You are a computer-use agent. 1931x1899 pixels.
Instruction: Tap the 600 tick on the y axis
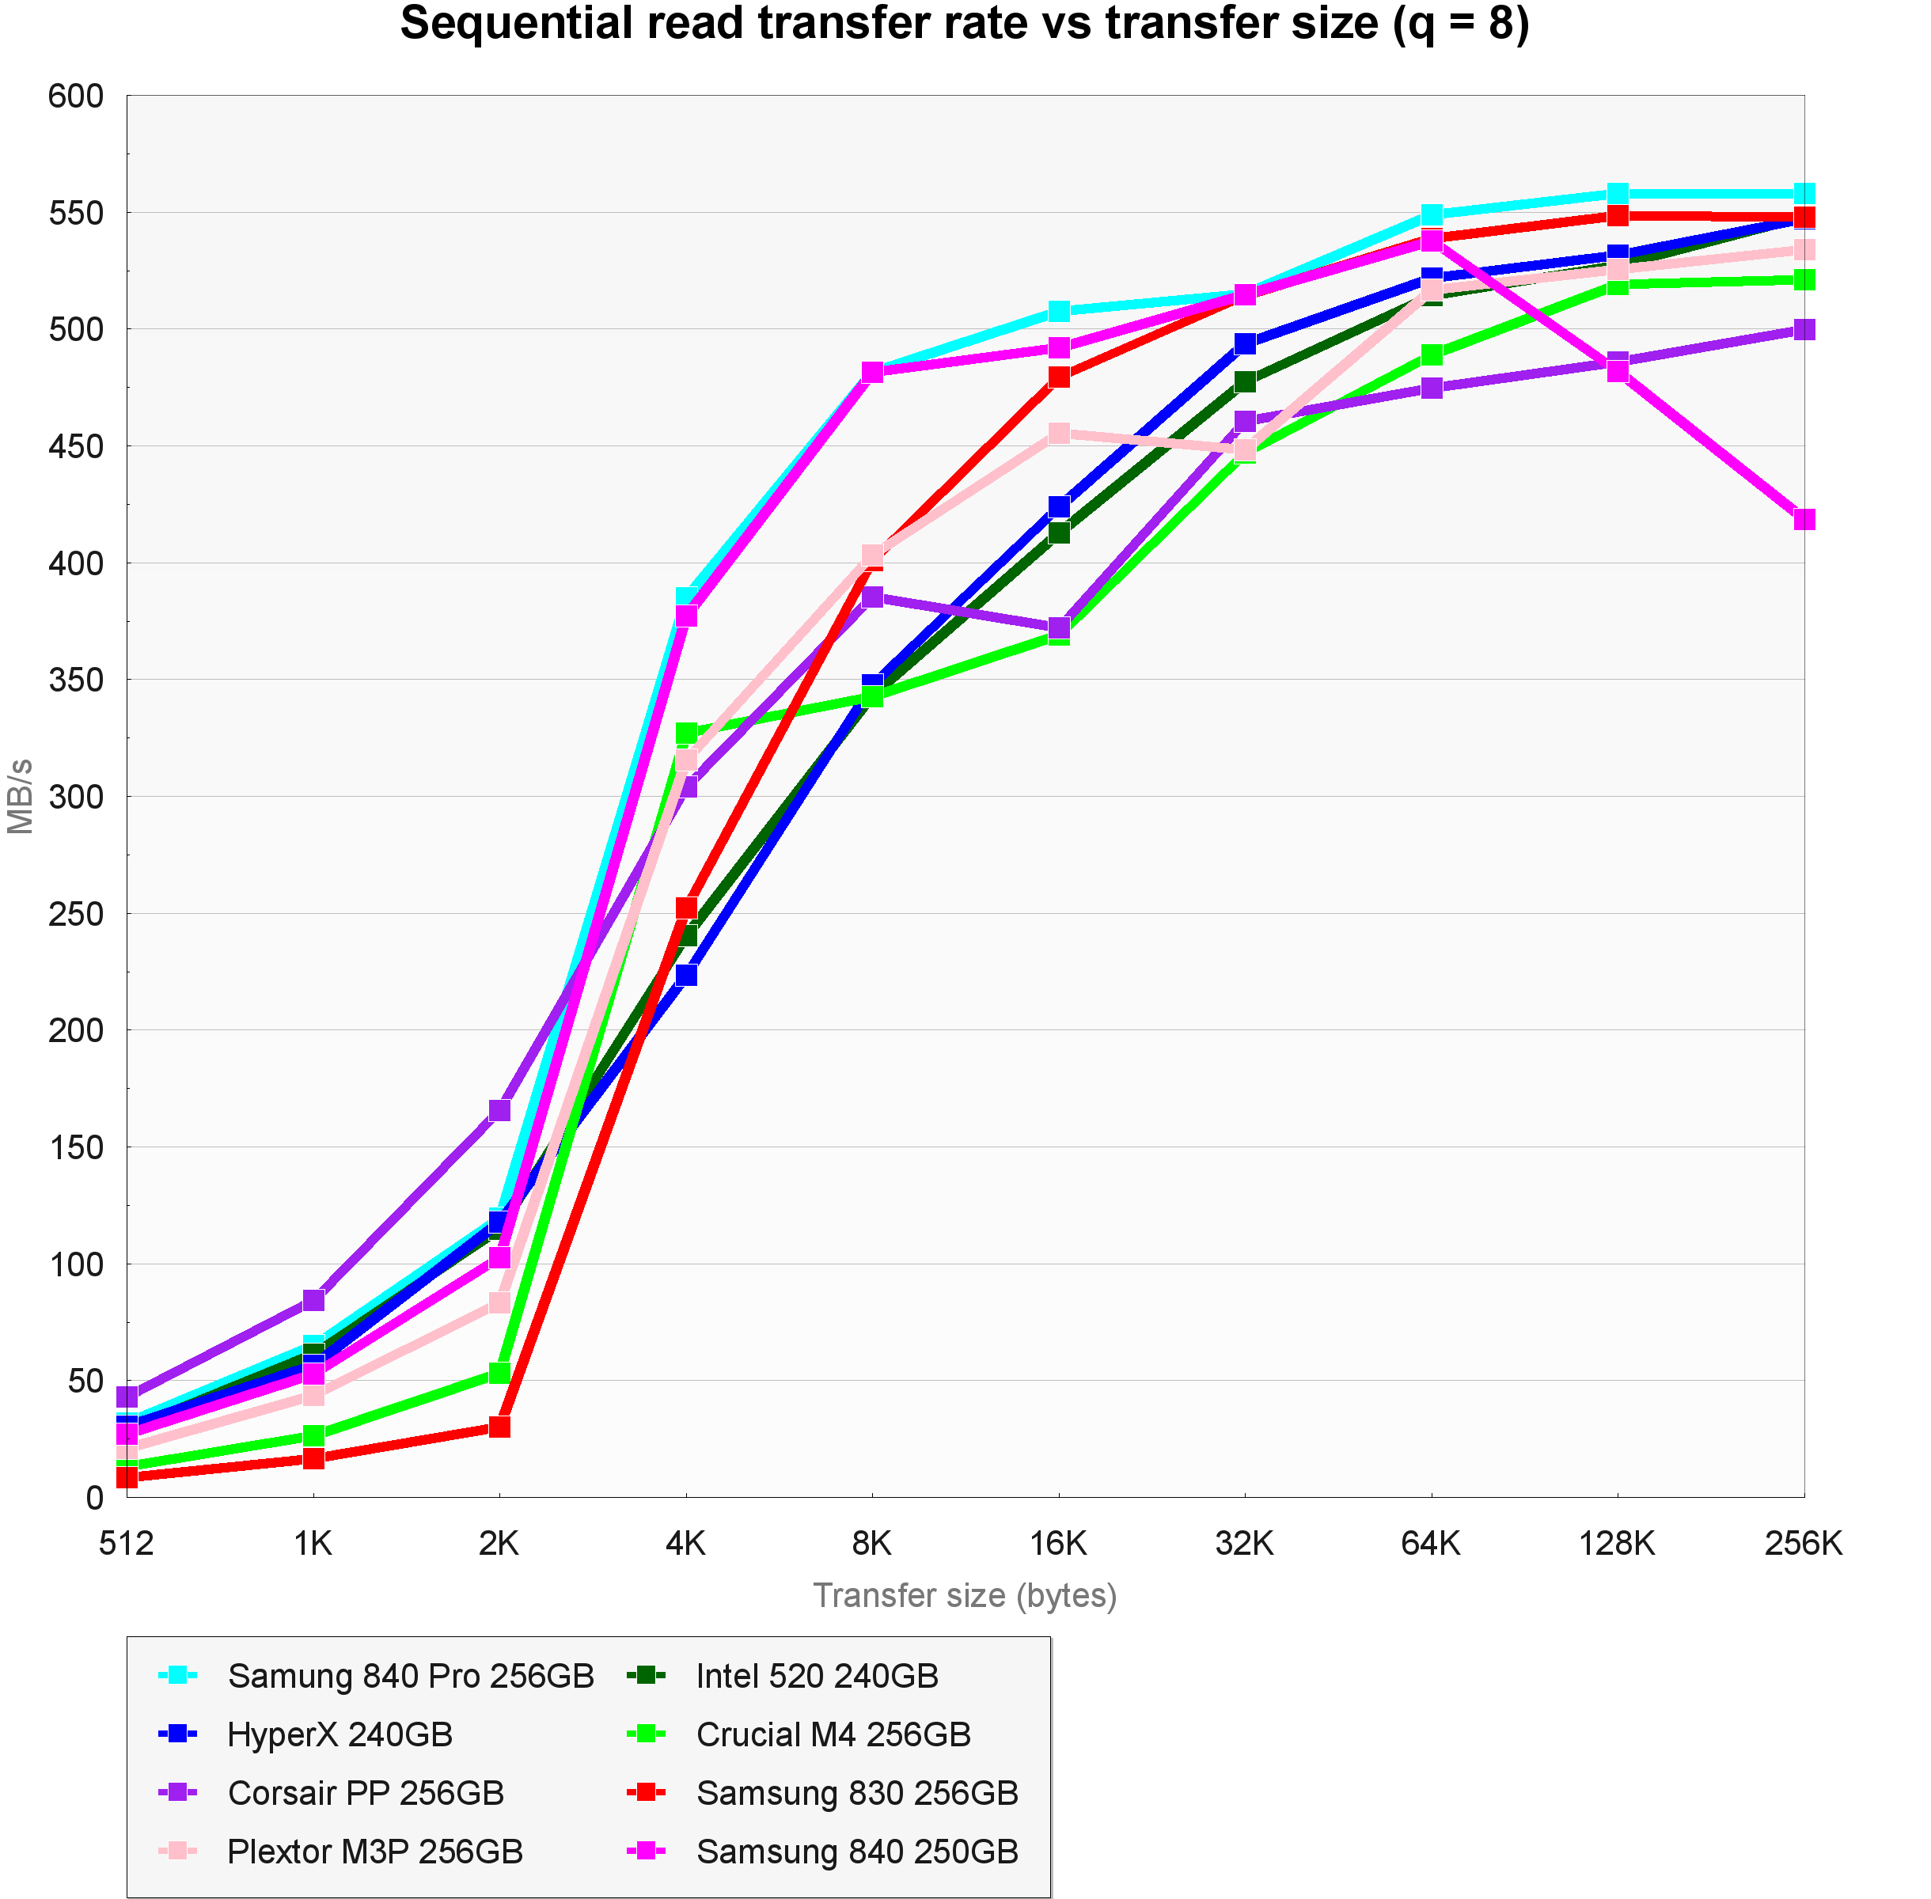click(x=76, y=97)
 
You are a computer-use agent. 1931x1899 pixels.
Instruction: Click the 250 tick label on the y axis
click(x=76, y=914)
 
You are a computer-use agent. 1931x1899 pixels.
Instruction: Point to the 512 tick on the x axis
click(x=127, y=1544)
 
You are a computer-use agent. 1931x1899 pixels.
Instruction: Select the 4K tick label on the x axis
click(x=685, y=1544)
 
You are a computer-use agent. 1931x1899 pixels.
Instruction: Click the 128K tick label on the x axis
click(x=1617, y=1544)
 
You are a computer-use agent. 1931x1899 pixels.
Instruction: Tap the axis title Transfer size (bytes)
click(x=965, y=1596)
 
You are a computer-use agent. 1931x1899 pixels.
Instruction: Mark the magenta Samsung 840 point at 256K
click(x=1804, y=518)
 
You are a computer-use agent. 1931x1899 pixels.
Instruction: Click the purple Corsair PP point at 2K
click(x=499, y=1111)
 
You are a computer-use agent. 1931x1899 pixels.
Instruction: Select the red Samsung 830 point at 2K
click(x=499, y=1427)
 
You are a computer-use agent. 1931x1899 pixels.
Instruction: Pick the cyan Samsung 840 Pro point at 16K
click(x=1058, y=311)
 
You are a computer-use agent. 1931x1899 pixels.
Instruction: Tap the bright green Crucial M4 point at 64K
click(x=1432, y=355)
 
